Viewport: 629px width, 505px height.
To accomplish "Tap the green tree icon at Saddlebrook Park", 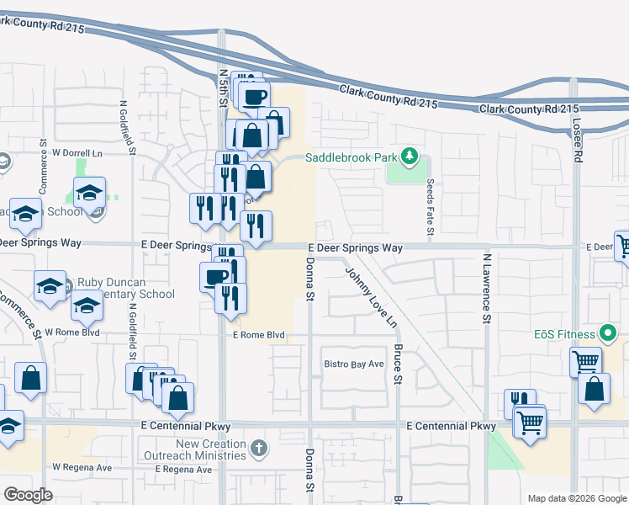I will pos(410,156).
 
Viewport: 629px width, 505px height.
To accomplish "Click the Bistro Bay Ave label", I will pos(354,364).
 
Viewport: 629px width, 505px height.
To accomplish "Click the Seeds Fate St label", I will pos(430,207).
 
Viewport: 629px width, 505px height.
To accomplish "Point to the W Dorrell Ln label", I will pos(77,153).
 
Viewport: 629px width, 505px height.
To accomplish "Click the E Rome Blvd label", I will pos(259,335).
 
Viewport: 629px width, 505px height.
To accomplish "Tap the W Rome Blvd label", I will pos(72,332).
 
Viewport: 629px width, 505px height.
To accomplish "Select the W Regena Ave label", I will pos(82,466).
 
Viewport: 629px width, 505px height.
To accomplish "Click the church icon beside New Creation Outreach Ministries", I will pos(259,449).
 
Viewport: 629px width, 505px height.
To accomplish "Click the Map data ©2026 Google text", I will pos(576,498).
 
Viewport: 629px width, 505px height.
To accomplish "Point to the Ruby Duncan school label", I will pos(126,289).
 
